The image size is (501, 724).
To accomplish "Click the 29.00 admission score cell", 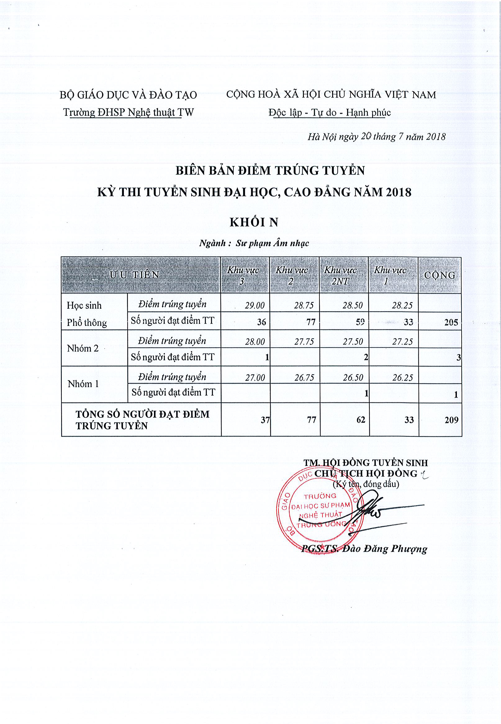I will (255, 305).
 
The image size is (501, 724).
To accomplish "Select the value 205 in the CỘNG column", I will (451, 322).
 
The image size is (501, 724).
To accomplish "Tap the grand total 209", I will (451, 420).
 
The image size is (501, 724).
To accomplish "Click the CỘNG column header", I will (440, 275).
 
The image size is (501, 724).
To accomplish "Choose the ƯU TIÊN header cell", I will (135, 275).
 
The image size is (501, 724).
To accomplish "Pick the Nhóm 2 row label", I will (83, 348).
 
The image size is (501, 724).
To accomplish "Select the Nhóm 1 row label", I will (83, 384).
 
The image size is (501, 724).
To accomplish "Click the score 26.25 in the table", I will (402, 378).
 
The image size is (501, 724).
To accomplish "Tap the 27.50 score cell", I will (353, 341).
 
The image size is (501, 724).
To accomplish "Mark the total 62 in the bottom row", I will (361, 420).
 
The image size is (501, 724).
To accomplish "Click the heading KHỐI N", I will (254, 222).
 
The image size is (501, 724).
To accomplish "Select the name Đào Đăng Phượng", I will (385, 549).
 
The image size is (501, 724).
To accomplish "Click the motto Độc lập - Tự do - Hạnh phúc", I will (330, 112).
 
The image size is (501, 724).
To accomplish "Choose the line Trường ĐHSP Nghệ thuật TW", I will (129, 112).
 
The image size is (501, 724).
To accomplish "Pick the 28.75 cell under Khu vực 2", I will (304, 305).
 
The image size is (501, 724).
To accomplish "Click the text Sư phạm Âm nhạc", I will (272, 243).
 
